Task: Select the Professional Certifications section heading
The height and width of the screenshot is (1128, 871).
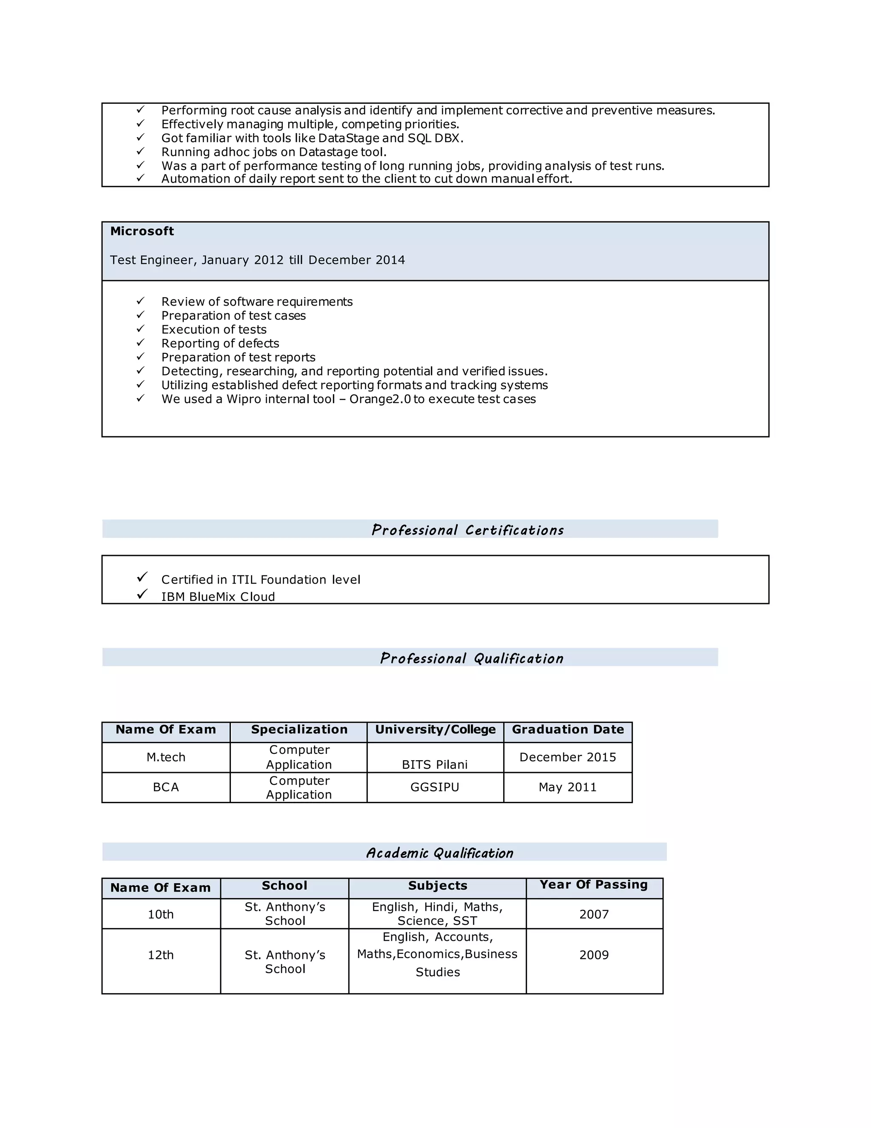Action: (x=467, y=530)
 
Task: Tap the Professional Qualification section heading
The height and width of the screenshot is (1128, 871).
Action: (x=472, y=658)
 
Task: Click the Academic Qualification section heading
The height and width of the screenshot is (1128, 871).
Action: (x=440, y=853)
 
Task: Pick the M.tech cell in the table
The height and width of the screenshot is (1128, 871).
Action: (x=165, y=757)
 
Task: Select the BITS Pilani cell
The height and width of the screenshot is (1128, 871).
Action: (x=435, y=764)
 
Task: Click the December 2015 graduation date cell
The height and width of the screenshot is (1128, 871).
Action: (x=568, y=757)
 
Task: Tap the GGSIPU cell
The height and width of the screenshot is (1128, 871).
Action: (x=435, y=787)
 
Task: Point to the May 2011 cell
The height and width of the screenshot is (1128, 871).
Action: (x=568, y=787)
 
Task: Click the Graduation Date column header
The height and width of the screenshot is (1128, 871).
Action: (x=568, y=729)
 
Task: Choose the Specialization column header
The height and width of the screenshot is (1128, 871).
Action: (x=299, y=729)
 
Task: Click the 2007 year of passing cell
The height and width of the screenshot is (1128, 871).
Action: (x=594, y=914)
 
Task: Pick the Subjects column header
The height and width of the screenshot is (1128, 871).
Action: (x=438, y=885)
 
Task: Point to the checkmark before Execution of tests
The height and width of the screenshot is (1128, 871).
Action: (x=140, y=329)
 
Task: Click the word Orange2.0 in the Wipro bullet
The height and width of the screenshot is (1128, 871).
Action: (x=380, y=399)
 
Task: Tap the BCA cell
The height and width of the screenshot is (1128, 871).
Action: (x=165, y=787)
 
